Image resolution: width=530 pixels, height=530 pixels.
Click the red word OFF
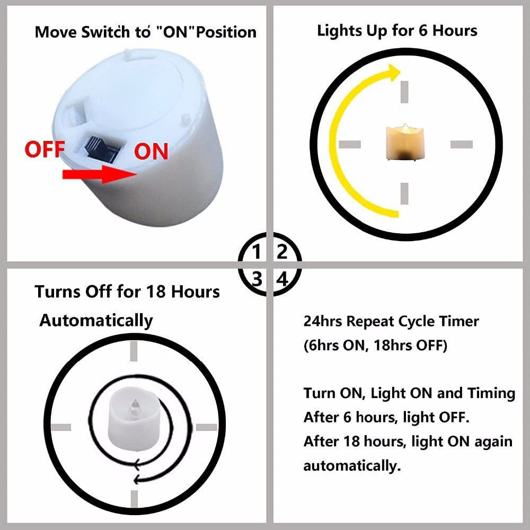click(x=45, y=150)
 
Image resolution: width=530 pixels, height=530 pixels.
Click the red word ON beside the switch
click(x=152, y=152)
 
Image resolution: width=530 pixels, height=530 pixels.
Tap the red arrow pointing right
click(x=100, y=174)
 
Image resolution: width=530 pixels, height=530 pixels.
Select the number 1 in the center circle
click(x=257, y=252)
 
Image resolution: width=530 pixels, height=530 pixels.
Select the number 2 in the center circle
click(x=282, y=252)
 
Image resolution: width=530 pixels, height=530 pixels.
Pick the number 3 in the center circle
click(x=257, y=279)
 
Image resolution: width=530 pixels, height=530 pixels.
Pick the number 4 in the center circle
click(x=282, y=279)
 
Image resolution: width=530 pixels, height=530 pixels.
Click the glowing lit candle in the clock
click(x=404, y=142)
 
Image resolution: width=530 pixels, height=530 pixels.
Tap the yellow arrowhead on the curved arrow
click(x=394, y=72)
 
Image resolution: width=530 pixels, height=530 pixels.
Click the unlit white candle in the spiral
click(x=134, y=419)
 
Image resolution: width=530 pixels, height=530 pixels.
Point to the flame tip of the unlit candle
click(x=135, y=400)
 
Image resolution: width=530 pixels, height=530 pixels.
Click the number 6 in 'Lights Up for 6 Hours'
click(x=423, y=31)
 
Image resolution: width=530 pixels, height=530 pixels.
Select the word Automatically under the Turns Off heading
click(x=96, y=320)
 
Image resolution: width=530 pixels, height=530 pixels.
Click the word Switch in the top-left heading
click(x=105, y=32)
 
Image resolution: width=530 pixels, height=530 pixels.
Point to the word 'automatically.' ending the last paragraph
click(x=352, y=466)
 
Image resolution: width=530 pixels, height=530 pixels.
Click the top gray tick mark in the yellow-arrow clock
click(x=404, y=92)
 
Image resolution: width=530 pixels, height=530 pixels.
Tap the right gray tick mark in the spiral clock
click(x=207, y=427)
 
